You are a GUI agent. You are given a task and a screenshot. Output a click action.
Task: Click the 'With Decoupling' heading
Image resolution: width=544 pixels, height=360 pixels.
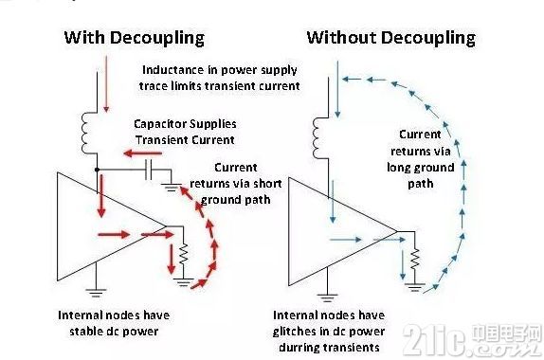[135, 38]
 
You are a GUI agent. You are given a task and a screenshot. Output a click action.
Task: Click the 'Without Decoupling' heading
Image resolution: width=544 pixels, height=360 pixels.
[391, 38]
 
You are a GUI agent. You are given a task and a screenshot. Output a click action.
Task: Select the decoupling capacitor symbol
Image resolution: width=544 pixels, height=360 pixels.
[149, 170]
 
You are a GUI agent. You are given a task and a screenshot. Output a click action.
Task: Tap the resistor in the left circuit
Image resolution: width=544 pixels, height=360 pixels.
[184, 255]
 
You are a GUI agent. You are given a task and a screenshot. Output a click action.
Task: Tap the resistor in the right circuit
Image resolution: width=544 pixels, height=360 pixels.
[414, 260]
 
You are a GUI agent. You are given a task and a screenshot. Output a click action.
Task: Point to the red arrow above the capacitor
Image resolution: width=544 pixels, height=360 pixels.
[142, 153]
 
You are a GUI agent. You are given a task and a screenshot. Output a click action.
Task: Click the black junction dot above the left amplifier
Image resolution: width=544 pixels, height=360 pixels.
[97, 170]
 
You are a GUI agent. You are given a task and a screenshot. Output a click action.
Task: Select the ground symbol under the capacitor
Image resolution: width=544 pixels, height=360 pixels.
[172, 188]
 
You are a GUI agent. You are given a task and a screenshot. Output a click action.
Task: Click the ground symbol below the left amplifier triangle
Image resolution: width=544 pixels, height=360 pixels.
[96, 293]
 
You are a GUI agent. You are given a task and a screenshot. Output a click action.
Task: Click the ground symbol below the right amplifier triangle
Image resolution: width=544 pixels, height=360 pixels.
[327, 297]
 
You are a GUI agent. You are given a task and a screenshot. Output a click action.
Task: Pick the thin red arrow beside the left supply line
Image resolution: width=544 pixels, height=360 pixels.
[106, 84]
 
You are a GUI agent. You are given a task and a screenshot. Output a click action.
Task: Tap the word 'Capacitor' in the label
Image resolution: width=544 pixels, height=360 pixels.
[159, 124]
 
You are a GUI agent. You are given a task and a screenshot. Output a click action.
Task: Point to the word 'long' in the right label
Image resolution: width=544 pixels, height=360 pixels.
[399, 168]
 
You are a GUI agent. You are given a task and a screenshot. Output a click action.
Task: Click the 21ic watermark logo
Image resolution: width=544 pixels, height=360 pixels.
[472, 340]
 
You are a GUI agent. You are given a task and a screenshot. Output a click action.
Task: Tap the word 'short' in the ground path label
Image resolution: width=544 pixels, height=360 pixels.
[268, 183]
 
